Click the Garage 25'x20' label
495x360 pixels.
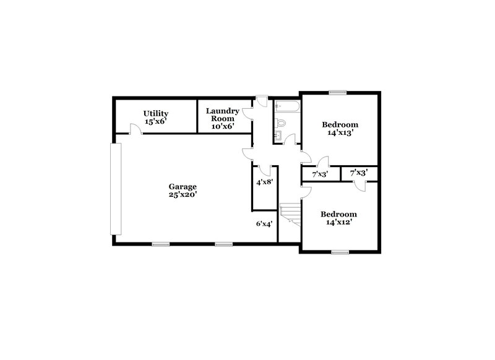coord(183,191)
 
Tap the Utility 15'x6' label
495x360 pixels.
coord(156,118)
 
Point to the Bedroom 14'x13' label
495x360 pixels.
coord(340,128)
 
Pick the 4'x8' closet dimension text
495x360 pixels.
coord(265,182)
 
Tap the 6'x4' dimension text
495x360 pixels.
coord(264,224)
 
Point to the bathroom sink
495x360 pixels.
coord(279,134)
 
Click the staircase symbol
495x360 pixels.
coord(290,213)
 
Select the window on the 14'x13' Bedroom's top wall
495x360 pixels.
coord(337,93)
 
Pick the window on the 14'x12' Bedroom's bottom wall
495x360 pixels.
coord(339,252)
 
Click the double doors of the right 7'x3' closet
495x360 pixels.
coord(361,184)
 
